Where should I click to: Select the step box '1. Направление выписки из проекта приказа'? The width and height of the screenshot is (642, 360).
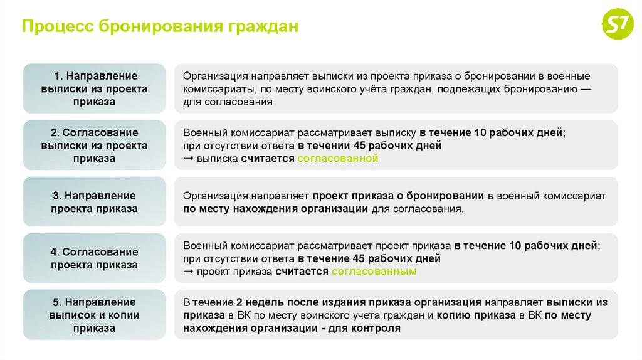coord(94,88)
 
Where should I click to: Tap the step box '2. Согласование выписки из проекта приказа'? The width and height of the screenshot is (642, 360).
coord(94,146)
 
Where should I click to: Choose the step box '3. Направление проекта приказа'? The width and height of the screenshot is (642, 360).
coord(94,202)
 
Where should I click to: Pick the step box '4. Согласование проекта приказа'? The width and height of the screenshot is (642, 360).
coord(94,258)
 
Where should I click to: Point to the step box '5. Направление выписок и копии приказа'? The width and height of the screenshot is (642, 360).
coord(94,315)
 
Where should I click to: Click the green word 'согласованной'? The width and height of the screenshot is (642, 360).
coord(337,159)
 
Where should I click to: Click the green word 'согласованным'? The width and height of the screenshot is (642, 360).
coord(374,272)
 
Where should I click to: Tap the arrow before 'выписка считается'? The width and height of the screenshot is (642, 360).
coord(188,159)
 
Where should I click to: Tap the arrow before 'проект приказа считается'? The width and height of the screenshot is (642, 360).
coord(188,272)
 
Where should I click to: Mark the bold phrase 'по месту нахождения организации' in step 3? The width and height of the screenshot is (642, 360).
coord(275,209)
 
